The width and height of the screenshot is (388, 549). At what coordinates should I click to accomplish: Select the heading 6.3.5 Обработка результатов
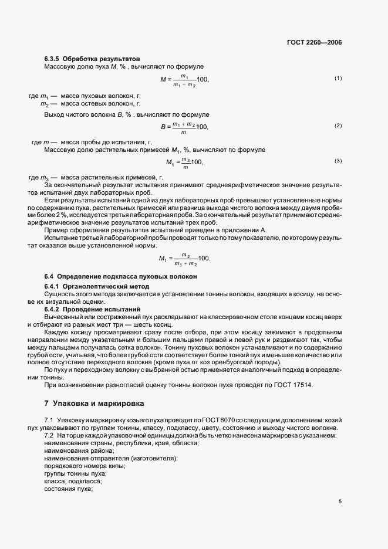click(92, 59)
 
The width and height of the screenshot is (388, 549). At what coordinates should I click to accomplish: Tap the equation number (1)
click(338, 78)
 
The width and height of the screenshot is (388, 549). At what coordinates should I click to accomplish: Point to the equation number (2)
click(338, 126)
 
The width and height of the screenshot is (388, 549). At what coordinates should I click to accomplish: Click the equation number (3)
click(338, 161)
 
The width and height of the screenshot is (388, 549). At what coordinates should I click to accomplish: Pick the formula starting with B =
click(185, 126)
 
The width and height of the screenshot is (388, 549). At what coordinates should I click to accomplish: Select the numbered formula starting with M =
click(184, 79)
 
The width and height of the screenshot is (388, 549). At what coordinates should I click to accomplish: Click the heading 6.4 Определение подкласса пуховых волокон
click(120, 276)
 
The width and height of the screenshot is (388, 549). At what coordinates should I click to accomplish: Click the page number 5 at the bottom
click(340, 501)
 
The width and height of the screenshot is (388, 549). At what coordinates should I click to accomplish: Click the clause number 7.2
click(49, 437)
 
